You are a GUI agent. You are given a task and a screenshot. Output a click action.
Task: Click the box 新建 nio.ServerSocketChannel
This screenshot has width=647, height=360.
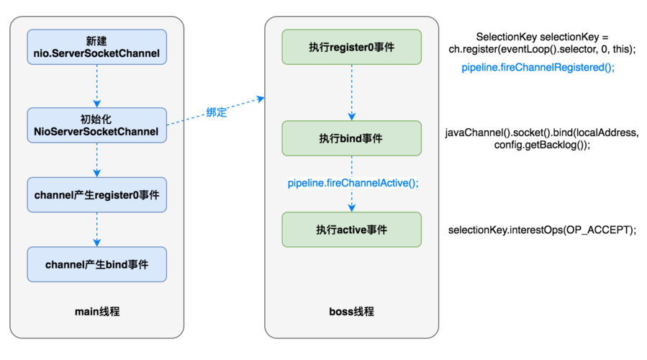pyautogui.click(x=96, y=46)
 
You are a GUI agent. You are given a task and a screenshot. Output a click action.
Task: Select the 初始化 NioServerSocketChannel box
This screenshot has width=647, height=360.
pyautogui.click(x=96, y=125)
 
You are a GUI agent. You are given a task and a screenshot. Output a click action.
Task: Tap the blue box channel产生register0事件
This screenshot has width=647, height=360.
pyautogui.click(x=96, y=194)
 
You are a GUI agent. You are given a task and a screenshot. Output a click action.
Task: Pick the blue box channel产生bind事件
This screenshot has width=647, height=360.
pyautogui.click(x=96, y=264)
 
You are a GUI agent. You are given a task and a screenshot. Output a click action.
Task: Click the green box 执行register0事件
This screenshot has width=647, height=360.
pyautogui.click(x=351, y=47)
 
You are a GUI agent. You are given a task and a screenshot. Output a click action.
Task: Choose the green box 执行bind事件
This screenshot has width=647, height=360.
pyautogui.click(x=351, y=138)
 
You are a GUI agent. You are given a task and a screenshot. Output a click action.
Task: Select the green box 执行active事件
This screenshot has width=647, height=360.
pyautogui.click(x=351, y=230)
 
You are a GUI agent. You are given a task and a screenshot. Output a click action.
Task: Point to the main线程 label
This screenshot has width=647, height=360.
pyautogui.click(x=97, y=311)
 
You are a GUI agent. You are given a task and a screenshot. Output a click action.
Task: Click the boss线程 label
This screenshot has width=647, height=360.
pyautogui.click(x=351, y=311)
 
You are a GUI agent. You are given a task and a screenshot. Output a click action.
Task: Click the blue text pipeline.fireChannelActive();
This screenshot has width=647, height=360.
pyautogui.click(x=353, y=183)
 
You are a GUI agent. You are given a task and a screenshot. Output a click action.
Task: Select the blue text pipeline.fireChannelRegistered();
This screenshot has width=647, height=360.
pyautogui.click(x=538, y=67)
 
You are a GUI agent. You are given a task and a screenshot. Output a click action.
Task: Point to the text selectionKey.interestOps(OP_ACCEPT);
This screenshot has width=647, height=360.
pyautogui.click(x=542, y=230)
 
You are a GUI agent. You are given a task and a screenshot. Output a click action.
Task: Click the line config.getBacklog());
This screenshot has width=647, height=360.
pyautogui.click(x=542, y=145)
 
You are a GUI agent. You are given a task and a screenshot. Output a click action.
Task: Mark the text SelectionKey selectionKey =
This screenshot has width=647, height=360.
pyautogui.click(x=542, y=37)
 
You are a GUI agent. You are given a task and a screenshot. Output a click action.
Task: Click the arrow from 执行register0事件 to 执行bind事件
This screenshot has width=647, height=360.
pyautogui.click(x=351, y=92)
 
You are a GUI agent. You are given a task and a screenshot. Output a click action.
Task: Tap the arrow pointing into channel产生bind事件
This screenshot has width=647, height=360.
pyautogui.click(x=96, y=230)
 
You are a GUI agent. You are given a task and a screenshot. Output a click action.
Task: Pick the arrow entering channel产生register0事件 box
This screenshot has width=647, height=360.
pyautogui.click(x=96, y=159)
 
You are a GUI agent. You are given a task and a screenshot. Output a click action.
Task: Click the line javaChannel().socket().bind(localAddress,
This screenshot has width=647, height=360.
pyautogui.click(x=542, y=133)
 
